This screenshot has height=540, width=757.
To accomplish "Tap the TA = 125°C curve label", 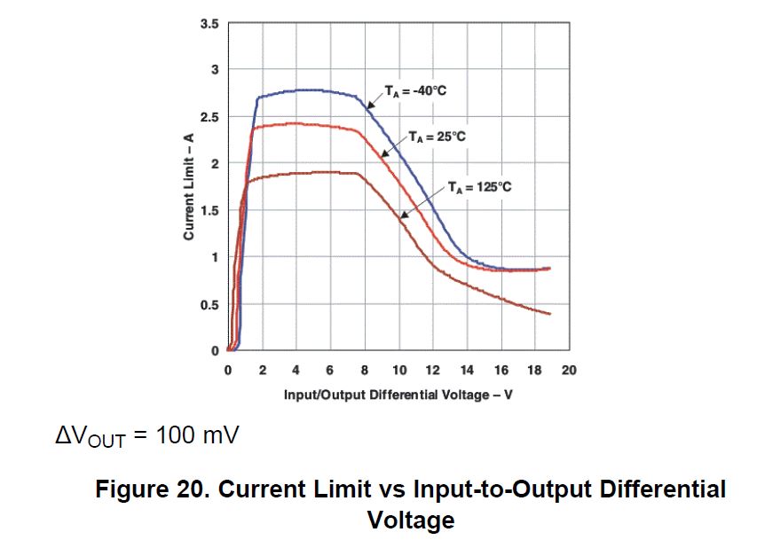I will point(479,186).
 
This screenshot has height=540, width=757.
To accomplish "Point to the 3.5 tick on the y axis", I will point(209,23).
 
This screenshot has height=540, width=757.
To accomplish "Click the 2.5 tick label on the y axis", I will point(209,117).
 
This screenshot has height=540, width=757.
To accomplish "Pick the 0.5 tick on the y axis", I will point(209,305).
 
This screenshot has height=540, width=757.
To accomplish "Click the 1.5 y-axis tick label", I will point(209,211).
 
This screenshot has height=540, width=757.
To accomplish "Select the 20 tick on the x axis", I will point(569,370).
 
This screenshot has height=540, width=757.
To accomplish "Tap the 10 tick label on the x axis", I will point(398,370).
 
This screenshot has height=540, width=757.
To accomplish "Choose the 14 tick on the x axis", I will point(467,370).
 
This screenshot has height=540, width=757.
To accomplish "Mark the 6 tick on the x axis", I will point(330,370).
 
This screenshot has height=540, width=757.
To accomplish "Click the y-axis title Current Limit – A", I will point(188,186).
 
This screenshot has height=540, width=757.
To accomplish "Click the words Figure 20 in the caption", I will point(142,489).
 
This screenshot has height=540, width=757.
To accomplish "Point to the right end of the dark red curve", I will point(550,314).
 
